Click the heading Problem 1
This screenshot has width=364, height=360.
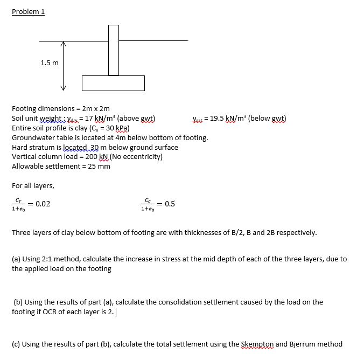pyautogui.click(x=28, y=11)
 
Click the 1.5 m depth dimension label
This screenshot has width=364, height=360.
pyautogui.click(x=50, y=63)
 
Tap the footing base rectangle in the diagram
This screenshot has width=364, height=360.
pyautogui.click(x=113, y=83)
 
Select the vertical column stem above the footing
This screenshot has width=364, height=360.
pyautogui.click(x=113, y=50)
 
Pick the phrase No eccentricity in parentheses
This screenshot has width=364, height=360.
pyautogui.click(x=135, y=157)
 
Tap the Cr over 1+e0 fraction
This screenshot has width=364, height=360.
pyautogui.click(x=18, y=204)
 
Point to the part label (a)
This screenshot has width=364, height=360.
pyautogui.click(x=17, y=259)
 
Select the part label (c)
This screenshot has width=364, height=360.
pyautogui.click(x=17, y=344)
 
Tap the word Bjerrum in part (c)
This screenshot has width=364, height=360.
pyautogui.click(x=300, y=344)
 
